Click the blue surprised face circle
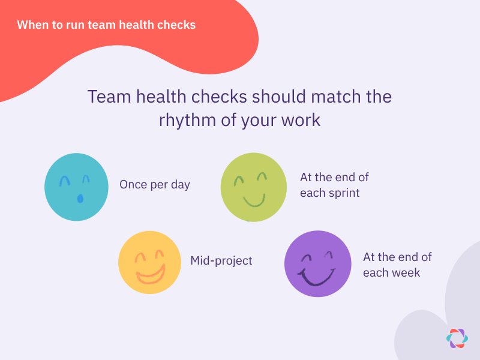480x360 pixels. pyautogui.click(x=76, y=187)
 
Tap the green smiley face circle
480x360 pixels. pyautogui.click(x=254, y=187)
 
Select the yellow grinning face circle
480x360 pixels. pyautogui.click(x=149, y=262)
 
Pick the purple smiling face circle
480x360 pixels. pyautogui.click(x=317, y=263)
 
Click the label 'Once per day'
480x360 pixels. pyautogui.click(x=155, y=184)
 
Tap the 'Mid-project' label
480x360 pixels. pyautogui.click(x=221, y=260)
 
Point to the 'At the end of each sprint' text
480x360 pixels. pyautogui.click(x=334, y=185)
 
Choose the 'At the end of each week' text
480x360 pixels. pyautogui.click(x=397, y=265)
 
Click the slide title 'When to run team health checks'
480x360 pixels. pyautogui.click(x=106, y=25)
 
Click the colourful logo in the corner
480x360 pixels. pyautogui.click(x=457, y=338)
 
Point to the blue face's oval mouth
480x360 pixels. pyautogui.click(x=80, y=198)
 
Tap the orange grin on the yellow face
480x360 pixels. pyautogui.click(x=151, y=275)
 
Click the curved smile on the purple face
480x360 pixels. pyautogui.click(x=317, y=277)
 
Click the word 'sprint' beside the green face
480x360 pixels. pyautogui.click(x=343, y=193)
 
